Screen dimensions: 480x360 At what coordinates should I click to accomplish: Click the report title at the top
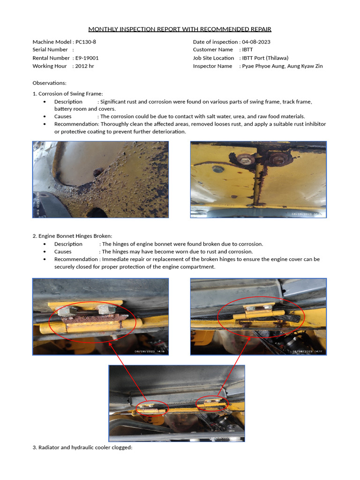point(180,29)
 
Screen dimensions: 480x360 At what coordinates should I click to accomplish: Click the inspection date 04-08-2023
point(256,42)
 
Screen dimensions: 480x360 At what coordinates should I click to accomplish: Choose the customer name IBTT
point(247,50)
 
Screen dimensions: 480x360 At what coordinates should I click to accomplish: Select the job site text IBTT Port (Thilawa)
point(265,58)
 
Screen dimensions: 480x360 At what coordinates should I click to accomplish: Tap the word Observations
point(49,82)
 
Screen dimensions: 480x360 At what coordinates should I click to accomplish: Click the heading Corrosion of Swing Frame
point(70,94)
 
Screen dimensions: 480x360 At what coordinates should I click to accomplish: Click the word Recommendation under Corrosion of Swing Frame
point(75,124)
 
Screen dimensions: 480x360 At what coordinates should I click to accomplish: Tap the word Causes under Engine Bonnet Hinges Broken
point(63,252)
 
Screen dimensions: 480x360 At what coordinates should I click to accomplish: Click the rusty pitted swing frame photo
point(100,180)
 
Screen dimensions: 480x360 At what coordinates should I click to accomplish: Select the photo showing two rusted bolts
point(258,180)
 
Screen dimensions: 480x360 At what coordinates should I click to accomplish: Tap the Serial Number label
point(50,50)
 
